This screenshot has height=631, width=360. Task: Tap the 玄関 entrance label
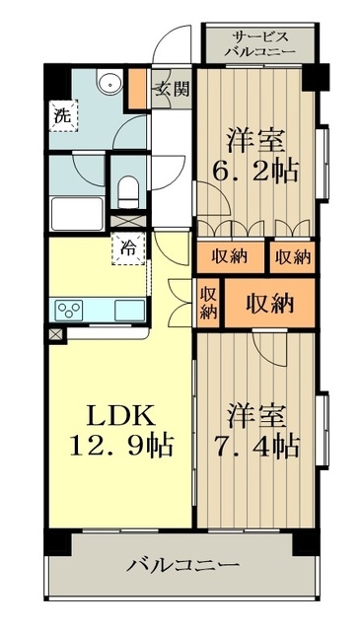pyautogui.click(x=169, y=88)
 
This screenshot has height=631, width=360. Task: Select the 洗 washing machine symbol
pyautogui.click(x=61, y=114)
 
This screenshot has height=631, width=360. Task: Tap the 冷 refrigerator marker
pyautogui.click(x=128, y=247)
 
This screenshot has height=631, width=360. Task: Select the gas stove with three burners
pyautogui.click(x=71, y=310)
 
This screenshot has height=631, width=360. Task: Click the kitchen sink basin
pyautogui.click(x=128, y=310)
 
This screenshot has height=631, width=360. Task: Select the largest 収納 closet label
pyautogui.click(x=269, y=303)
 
